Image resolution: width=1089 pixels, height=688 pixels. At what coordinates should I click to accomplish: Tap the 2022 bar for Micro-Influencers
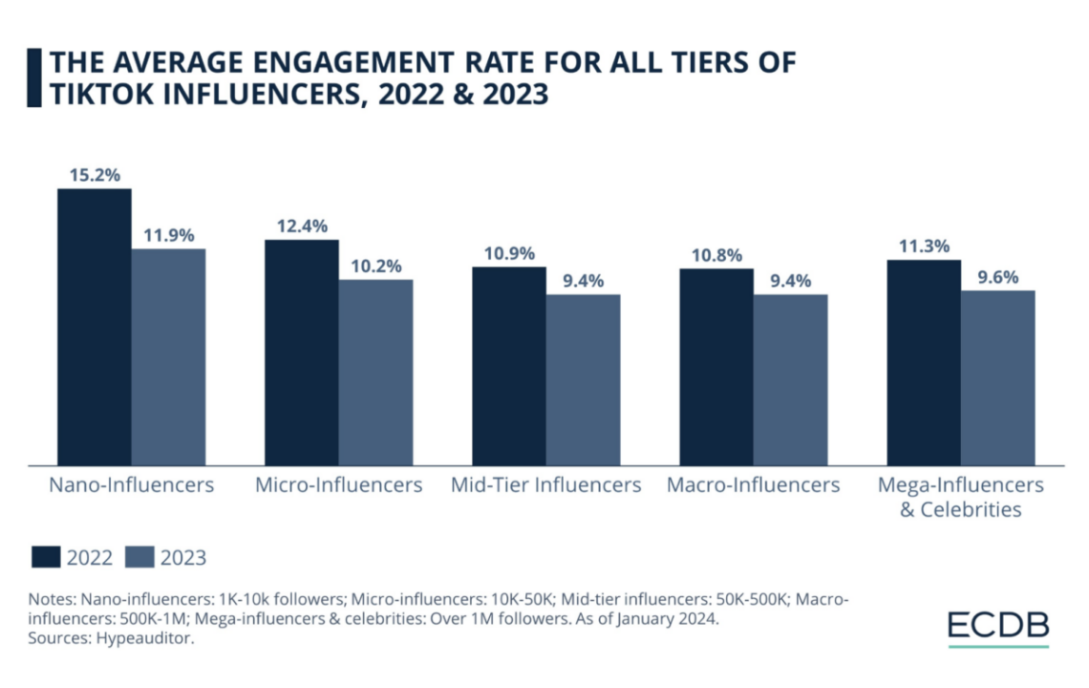pos(301,352)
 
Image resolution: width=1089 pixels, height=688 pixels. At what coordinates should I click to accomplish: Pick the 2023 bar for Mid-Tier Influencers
pos(583,379)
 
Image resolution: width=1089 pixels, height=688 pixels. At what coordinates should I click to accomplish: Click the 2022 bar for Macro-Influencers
pos(715,367)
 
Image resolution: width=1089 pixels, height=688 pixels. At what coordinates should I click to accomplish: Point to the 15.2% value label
pos(94,175)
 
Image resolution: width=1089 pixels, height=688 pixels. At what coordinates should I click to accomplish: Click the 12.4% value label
pos(301,226)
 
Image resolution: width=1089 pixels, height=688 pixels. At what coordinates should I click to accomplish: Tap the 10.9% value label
pos(508,254)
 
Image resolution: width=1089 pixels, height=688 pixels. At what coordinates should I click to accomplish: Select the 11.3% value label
pos(923,247)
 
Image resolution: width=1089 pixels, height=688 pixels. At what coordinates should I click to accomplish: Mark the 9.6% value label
pos(997,277)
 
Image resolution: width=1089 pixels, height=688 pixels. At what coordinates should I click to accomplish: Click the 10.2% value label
pos(375,266)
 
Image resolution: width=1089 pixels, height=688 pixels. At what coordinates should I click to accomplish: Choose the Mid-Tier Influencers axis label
pos(545,485)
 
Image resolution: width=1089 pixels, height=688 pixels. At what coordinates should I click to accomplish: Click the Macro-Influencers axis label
pos(753,485)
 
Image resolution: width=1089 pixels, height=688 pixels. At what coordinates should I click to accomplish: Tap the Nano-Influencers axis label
pos(131,485)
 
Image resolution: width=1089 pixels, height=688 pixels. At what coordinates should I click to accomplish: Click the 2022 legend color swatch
pos(46,557)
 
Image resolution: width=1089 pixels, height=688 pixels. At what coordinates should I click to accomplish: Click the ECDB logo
pos(997,626)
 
